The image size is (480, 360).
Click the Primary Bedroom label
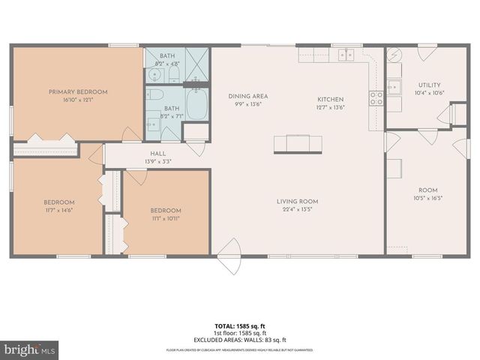pyautogui.click(x=78, y=91)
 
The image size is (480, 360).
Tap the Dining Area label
pyautogui.click(x=248, y=96)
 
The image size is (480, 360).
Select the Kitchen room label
pyautogui.click(x=330, y=99)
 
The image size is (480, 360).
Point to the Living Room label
pyautogui.click(x=298, y=201)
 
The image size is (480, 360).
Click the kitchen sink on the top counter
pyautogui.click(x=346, y=54)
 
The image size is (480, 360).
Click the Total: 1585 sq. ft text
pyautogui.click(x=240, y=326)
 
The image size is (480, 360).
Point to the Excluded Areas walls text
pyautogui.click(x=240, y=340)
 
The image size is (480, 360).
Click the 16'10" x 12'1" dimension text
pyautogui.click(x=78, y=100)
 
